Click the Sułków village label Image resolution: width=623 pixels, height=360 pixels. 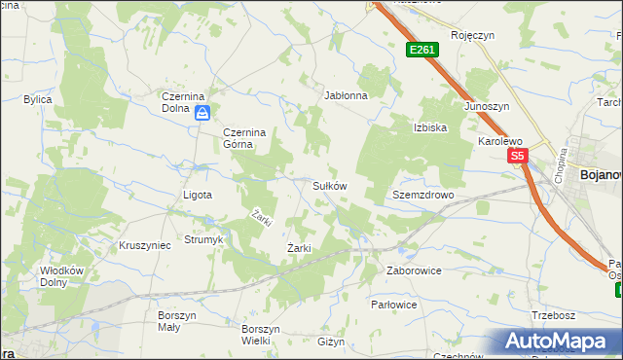(x=329, y=185)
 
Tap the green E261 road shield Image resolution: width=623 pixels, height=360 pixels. (x=421, y=50)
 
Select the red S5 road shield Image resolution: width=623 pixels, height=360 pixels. (x=516, y=156)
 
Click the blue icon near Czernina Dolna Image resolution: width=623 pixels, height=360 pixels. (x=202, y=114)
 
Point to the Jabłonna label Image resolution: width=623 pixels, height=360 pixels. (x=346, y=96)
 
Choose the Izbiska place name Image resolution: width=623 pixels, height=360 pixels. (x=430, y=127)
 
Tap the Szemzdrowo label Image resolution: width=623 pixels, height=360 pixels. (x=423, y=195)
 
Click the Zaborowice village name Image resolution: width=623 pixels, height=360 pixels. (x=415, y=270)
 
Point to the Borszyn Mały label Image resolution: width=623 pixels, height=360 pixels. (x=177, y=322)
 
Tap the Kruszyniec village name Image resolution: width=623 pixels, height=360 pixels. (x=144, y=245)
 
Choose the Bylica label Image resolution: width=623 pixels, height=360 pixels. (x=38, y=100)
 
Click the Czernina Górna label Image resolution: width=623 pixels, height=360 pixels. (x=238, y=138)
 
